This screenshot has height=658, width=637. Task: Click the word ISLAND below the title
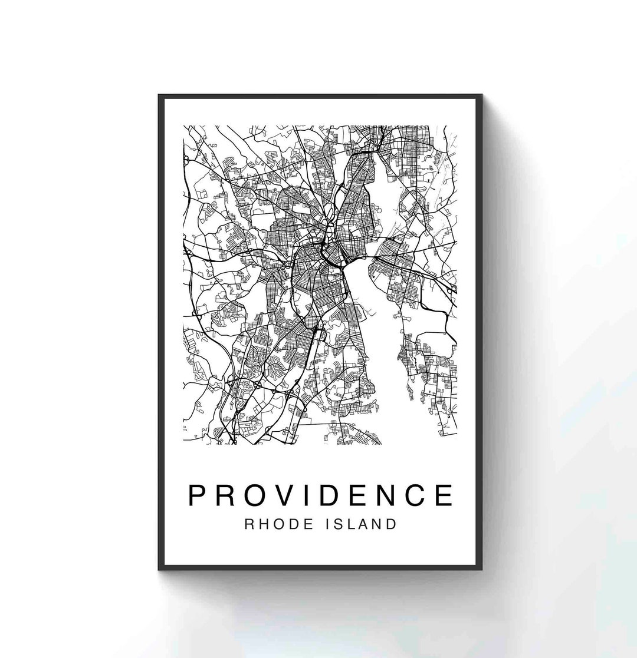[362, 524]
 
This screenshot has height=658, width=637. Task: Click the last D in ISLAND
[391, 524]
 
